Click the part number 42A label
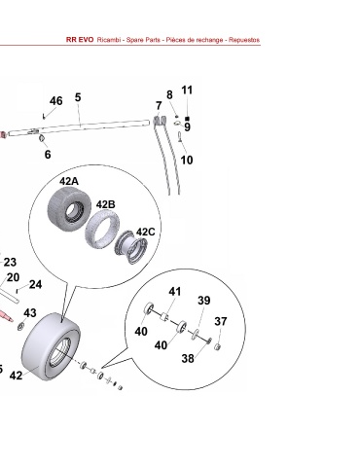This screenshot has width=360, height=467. pos(69,181)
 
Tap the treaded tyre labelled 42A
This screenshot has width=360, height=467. pos(68,207)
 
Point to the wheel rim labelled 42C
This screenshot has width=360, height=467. pos(131,247)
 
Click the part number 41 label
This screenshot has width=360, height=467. pos(175,292)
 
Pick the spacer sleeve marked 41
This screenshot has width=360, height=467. pos(165,316)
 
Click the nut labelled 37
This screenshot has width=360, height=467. pos(218,347)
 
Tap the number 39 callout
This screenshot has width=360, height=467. pos(204,301)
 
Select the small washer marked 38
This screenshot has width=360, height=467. pos(209,341)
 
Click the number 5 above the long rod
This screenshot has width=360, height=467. pos(78,97)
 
